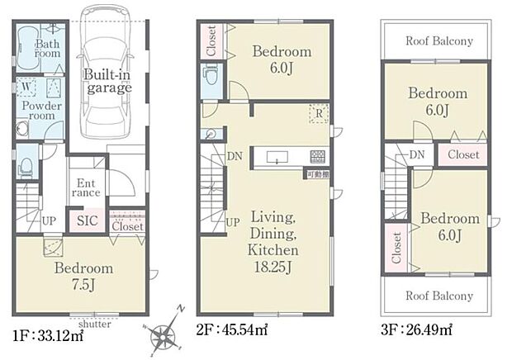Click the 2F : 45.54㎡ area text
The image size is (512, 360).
pyautogui.click(x=231, y=331)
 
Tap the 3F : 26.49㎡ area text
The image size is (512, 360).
pyautogui.click(x=416, y=331)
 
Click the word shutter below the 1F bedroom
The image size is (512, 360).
pyautogui.click(x=95, y=324)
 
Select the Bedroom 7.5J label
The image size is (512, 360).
pyautogui.click(x=83, y=277)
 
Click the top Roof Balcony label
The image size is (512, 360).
pyautogui.click(x=439, y=40)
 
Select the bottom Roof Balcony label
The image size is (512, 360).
pyautogui.click(x=439, y=295)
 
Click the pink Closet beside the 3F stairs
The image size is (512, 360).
pyautogui.click(x=462, y=154)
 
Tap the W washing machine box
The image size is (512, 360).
pyautogui.click(x=27, y=87)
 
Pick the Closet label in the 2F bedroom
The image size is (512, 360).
pyautogui.click(x=211, y=40)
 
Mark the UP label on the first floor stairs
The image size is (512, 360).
pyautogui.click(x=48, y=220)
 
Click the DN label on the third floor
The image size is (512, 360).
pyautogui.click(x=416, y=154)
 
